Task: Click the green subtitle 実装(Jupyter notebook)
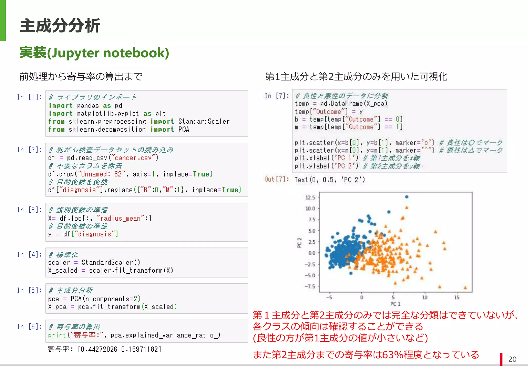click(x=94, y=53)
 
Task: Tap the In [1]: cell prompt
click(x=29, y=97)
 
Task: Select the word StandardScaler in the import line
click(x=204, y=121)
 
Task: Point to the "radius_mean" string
click(x=120, y=218)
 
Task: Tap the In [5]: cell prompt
click(x=29, y=290)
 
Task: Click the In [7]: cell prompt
click(x=277, y=96)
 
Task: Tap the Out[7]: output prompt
click(x=277, y=179)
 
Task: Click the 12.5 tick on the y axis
click(x=310, y=198)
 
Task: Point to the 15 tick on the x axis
click(x=457, y=298)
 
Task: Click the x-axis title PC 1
click(x=395, y=304)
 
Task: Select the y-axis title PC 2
click(x=299, y=243)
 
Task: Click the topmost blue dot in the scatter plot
click(x=407, y=197)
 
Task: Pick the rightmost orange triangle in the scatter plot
click(x=465, y=288)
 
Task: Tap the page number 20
click(x=512, y=359)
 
